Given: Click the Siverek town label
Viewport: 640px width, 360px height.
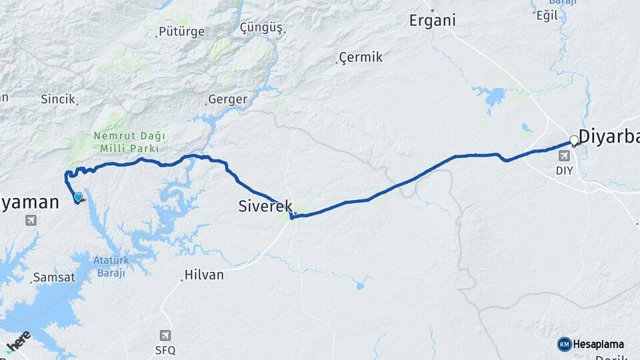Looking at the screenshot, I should coord(265,207).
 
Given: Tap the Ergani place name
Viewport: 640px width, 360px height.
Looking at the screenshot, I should coord(433,20).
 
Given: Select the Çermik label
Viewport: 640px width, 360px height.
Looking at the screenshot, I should coord(361,57).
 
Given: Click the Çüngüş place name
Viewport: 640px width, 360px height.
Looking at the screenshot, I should coord(261,28).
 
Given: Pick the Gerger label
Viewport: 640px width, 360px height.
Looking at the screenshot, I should coord(227,100).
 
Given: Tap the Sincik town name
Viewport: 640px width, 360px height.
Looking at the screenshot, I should coord(57,99).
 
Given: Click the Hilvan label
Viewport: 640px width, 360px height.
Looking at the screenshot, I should coord(203,275).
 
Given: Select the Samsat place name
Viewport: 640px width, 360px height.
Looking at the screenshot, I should coord(53,277).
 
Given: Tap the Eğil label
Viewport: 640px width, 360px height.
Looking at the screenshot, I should coord(547,15).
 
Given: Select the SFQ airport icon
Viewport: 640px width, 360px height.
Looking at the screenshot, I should coord(165,335).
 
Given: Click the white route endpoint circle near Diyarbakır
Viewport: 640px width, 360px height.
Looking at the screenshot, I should coord(574,141).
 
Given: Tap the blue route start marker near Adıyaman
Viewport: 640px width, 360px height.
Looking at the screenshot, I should coord(78,197).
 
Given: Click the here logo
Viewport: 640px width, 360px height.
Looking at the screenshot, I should coord(18,341).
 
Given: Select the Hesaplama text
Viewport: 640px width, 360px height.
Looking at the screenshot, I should coord(599,344).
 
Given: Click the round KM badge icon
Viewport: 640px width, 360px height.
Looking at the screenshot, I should coord(565,344).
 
